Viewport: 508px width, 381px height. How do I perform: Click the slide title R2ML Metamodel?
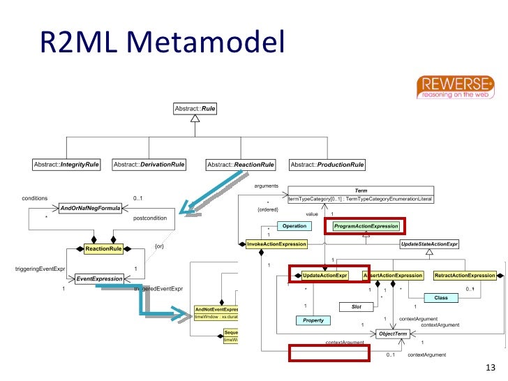click(x=161, y=44)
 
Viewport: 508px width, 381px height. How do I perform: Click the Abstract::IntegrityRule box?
click(x=66, y=165)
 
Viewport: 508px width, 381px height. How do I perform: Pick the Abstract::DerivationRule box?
click(x=149, y=165)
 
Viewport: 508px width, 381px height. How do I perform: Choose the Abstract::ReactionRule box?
click(x=240, y=165)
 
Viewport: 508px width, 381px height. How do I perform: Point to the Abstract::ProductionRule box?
click(x=327, y=165)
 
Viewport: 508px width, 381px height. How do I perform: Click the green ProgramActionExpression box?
click(x=366, y=226)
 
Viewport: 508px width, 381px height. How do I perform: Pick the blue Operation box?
click(x=294, y=226)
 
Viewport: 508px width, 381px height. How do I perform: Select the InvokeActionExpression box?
click(x=276, y=244)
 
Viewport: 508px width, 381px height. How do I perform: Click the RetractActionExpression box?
click(x=465, y=276)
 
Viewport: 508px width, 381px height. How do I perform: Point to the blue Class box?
click(x=440, y=297)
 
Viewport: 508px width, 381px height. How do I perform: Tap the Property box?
click(x=313, y=320)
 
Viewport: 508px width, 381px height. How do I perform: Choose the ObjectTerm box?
click(x=392, y=334)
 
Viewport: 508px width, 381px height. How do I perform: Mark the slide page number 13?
click(x=488, y=368)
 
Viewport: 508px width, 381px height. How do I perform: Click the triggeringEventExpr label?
click(x=40, y=269)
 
